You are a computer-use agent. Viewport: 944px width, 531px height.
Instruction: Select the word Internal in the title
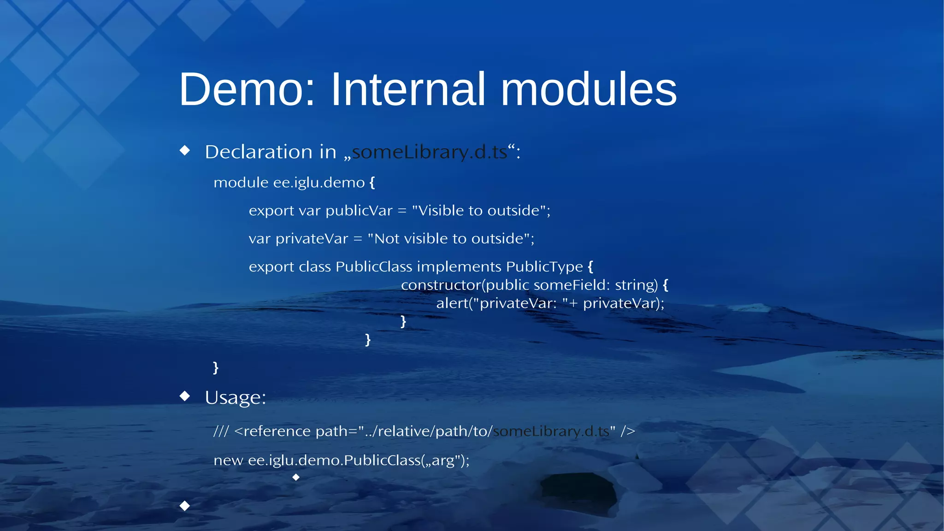pos(408,89)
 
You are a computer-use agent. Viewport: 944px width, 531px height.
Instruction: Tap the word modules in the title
pos(589,89)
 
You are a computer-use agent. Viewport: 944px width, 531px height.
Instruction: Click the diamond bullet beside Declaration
pos(185,150)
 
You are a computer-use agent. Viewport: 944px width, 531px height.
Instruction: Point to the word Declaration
pos(259,152)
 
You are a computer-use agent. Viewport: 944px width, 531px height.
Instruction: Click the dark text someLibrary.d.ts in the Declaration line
pos(429,152)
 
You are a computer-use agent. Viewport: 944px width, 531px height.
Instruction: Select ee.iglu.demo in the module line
pos(319,183)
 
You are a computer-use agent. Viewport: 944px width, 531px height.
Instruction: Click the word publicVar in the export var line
pos(359,211)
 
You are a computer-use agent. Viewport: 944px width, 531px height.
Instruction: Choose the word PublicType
pos(544,267)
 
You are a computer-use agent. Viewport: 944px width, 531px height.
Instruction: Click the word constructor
pos(441,285)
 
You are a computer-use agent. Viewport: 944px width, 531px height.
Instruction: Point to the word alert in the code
pos(452,303)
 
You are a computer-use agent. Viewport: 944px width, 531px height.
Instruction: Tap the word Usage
pos(235,398)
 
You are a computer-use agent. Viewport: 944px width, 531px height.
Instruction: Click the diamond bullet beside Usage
pos(185,396)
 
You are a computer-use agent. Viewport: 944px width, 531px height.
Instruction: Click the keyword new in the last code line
pos(228,460)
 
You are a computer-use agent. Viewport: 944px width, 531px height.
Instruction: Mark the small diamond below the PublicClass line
pos(296,478)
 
